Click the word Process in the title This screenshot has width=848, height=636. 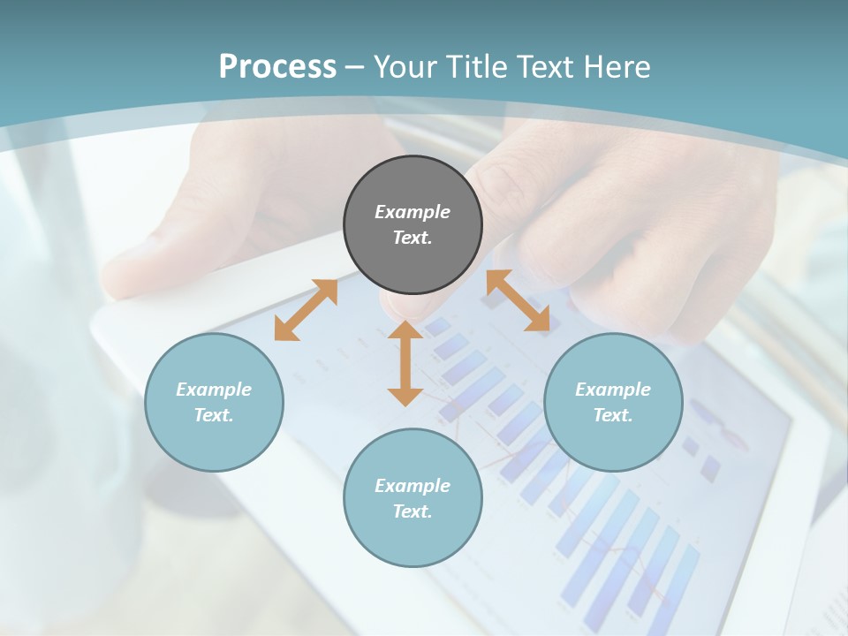pyautogui.click(x=277, y=66)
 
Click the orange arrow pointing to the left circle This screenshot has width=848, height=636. pyautogui.click(x=306, y=310)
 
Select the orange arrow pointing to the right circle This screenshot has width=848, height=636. pyautogui.click(x=519, y=300)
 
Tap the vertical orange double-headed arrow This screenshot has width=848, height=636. pyautogui.click(x=405, y=363)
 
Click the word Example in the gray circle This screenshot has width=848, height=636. pyautogui.click(x=413, y=212)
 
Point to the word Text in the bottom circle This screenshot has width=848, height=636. pyautogui.click(x=411, y=511)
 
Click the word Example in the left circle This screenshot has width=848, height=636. pyautogui.click(x=214, y=390)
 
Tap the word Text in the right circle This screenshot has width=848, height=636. pyautogui.click(x=611, y=415)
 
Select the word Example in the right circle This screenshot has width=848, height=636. pyautogui.click(x=613, y=390)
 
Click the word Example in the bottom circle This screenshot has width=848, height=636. pyautogui.click(x=413, y=486)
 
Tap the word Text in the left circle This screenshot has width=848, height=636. pyautogui.click(x=212, y=415)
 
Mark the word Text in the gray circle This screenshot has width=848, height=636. pyautogui.click(x=411, y=238)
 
